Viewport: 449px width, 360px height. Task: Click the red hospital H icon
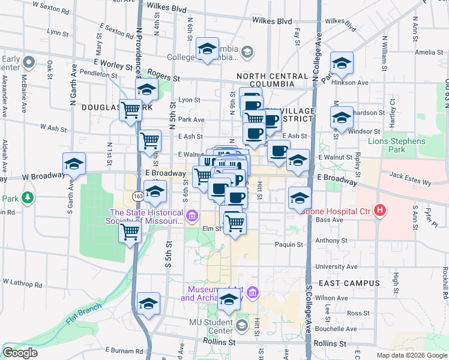379,211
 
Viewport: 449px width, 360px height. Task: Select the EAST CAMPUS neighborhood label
349,283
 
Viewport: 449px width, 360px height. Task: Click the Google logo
20,353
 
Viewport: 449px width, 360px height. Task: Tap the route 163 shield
138,196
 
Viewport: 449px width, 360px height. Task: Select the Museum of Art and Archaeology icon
252,293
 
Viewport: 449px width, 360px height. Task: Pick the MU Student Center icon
241,325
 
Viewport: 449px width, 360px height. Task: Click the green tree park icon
27,197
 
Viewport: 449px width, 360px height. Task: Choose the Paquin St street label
289,244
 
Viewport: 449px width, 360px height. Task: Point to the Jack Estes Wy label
410,175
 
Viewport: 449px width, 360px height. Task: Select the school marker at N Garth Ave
74,163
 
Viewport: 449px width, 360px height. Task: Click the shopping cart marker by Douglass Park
130,110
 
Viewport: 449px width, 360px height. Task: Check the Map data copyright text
412,355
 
